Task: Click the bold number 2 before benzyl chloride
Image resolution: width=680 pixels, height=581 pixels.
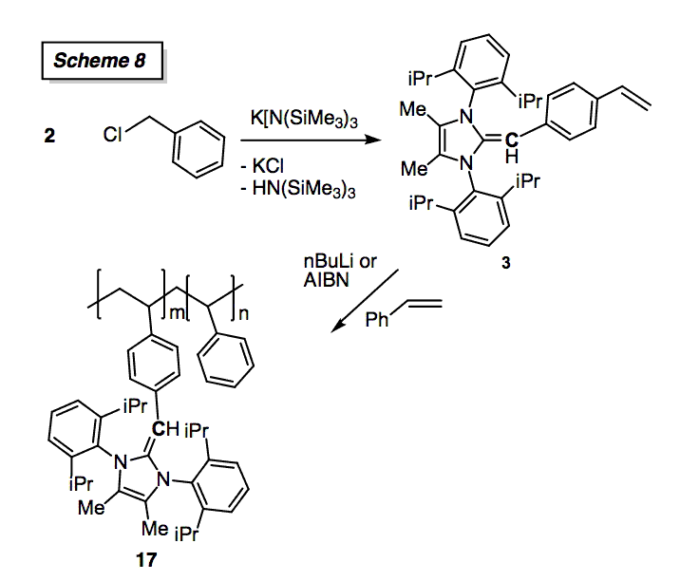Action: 49,136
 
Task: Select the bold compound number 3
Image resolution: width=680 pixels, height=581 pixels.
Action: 504,267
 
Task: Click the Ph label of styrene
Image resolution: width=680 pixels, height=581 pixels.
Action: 377,323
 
